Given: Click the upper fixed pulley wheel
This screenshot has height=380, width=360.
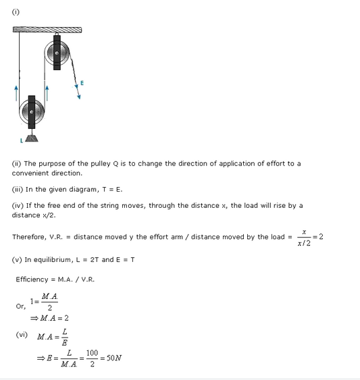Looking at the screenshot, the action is pyautogui.click(x=57, y=52).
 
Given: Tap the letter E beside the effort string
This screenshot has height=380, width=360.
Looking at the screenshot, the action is pyautogui.click(x=82, y=83).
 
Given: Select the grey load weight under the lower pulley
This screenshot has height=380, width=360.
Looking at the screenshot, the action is pyautogui.click(x=32, y=137).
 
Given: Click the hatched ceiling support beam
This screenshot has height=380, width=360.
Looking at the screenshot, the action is pyautogui.click(x=47, y=29).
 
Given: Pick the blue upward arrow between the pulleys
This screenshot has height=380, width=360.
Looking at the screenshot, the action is pyautogui.click(x=47, y=91).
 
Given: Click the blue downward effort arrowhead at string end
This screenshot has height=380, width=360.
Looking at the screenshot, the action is pyautogui.click(x=78, y=96).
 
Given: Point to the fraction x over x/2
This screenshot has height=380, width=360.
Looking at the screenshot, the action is pyautogui.click(x=305, y=237).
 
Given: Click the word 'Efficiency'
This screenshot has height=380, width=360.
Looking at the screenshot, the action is pyautogui.click(x=32, y=279).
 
